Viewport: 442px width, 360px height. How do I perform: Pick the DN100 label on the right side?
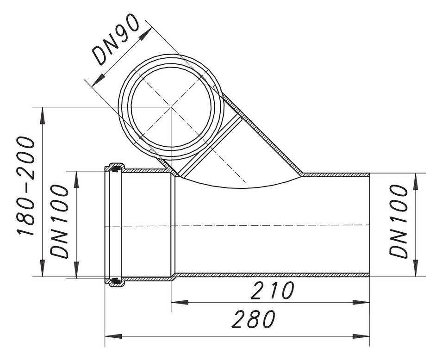point(398,221)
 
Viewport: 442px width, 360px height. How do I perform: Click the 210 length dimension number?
point(272,291)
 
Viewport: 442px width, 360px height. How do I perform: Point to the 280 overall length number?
point(254,320)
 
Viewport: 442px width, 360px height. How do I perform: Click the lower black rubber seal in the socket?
point(114,280)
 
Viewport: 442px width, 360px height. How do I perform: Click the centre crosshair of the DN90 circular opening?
point(171,107)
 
